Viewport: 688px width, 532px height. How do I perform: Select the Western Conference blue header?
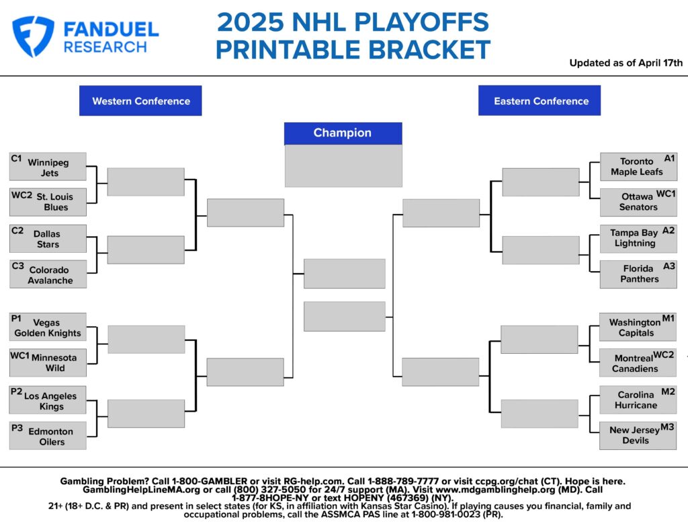140,101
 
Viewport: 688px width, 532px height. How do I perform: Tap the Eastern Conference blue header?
540,101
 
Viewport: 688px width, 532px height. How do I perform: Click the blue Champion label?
343,133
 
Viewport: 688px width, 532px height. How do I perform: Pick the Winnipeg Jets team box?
48,167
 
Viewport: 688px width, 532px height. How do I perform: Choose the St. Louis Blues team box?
48,202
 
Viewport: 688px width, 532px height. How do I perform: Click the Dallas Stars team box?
48,239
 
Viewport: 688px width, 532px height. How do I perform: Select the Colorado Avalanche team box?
48,274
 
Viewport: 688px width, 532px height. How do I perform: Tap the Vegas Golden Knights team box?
48,327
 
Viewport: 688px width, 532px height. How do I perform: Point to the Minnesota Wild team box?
48,363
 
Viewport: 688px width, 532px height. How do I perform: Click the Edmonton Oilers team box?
48,436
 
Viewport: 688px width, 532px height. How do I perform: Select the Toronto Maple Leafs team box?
638,167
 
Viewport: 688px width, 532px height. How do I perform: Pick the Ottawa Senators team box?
638,202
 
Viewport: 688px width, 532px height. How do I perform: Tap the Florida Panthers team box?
638,274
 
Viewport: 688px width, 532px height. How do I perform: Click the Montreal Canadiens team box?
638,363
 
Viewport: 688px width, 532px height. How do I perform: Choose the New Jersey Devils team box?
638,435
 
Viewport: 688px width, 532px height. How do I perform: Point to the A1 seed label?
669,158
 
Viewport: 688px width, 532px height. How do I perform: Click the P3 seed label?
17,427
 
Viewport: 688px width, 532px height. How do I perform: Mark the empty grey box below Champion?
343,166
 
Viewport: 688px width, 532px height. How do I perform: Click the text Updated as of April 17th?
626,63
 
